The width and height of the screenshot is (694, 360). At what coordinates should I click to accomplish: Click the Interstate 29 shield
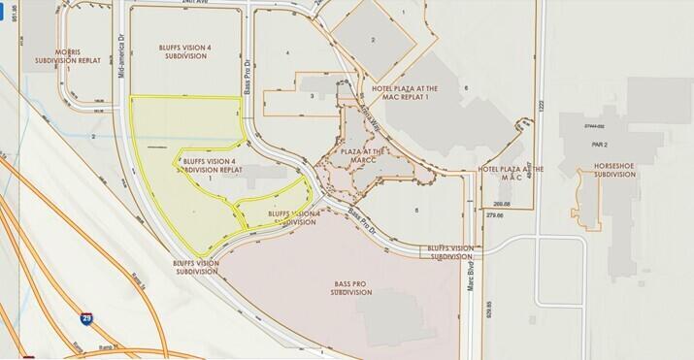coord(86,317)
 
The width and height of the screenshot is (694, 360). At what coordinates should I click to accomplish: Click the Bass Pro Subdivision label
coord(350,287)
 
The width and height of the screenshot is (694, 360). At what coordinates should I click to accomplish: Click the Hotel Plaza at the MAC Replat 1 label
coord(404,93)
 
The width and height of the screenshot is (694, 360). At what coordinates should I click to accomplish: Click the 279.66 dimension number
coord(496,216)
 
